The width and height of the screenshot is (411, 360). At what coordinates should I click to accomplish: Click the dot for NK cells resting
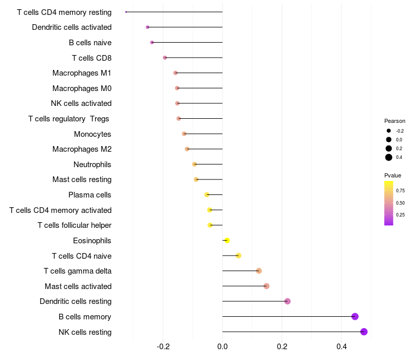(x=364, y=332)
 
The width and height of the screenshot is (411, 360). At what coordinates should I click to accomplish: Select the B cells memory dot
(x=354, y=316)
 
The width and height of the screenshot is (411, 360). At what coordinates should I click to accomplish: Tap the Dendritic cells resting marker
(x=287, y=301)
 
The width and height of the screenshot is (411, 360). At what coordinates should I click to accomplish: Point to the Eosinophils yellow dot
(x=227, y=240)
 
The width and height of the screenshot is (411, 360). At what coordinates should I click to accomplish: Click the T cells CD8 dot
(x=164, y=58)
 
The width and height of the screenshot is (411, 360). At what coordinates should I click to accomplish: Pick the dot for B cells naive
(x=152, y=42)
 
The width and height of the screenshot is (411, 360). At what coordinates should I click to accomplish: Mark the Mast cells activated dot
(x=266, y=286)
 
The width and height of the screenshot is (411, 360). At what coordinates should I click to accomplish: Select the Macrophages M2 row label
(x=82, y=149)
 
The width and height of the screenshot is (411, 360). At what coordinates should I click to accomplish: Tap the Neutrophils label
(x=92, y=165)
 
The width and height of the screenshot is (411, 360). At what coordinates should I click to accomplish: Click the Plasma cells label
(x=90, y=195)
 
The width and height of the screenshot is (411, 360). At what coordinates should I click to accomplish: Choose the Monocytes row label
(x=92, y=134)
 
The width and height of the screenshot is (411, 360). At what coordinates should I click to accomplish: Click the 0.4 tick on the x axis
(x=342, y=347)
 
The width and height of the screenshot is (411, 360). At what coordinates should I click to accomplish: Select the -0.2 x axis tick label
(x=163, y=347)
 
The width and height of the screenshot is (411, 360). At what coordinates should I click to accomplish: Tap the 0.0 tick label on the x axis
(x=222, y=347)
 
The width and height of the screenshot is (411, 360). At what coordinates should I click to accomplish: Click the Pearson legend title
(x=395, y=121)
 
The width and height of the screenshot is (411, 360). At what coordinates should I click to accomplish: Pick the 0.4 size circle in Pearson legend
(x=389, y=157)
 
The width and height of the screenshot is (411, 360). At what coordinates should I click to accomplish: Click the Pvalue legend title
(x=393, y=175)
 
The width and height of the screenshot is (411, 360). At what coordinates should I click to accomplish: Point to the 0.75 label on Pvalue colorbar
(x=400, y=190)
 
